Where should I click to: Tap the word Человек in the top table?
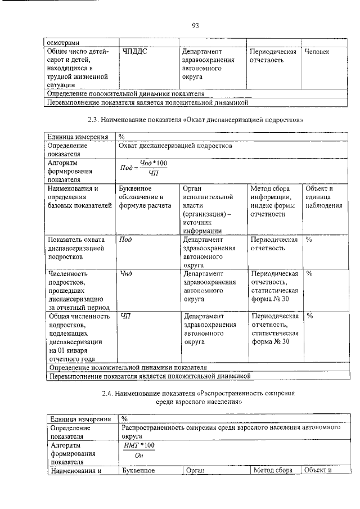[317, 52]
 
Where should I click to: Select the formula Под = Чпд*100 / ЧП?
[145, 167]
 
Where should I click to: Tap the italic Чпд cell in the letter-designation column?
[127, 274]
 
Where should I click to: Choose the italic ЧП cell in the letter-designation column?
[125, 316]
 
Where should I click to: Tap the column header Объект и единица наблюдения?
[323, 197]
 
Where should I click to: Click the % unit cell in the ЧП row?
[309, 316]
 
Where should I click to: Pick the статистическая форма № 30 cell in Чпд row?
[274, 287]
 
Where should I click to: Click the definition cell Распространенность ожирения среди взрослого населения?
[231, 431]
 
